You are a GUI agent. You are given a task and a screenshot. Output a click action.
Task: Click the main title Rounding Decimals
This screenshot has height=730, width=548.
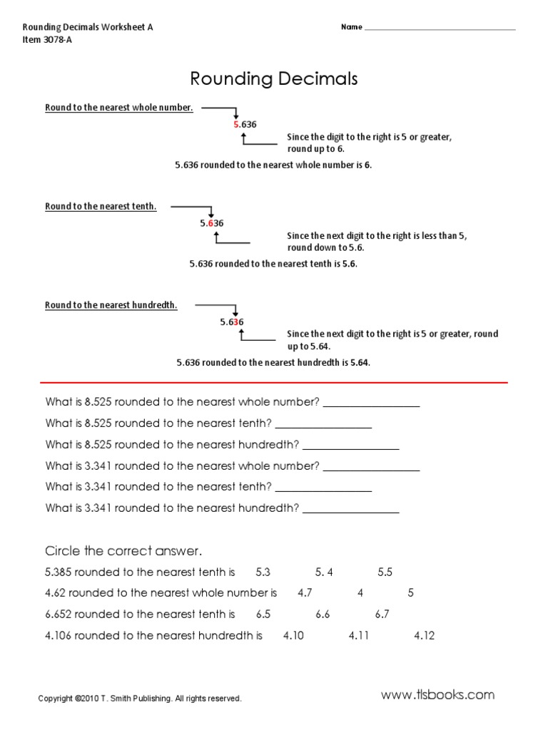pyautogui.click(x=273, y=78)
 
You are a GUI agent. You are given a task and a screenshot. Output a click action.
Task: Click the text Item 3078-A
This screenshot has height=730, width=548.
pyautogui.click(x=48, y=40)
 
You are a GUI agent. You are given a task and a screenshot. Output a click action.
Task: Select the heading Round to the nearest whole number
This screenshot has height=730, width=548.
pyautogui.click(x=119, y=108)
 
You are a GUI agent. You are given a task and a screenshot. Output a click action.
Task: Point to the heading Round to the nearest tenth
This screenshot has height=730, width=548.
pyautogui.click(x=101, y=207)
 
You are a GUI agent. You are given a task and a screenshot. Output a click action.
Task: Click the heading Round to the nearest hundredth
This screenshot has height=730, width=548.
pyautogui.click(x=111, y=305)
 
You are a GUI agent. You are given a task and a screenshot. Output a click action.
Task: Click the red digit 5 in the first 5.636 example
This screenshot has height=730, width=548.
pyautogui.click(x=236, y=124)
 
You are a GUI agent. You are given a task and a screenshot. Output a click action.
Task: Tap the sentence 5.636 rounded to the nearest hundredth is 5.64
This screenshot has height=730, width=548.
pyautogui.click(x=273, y=362)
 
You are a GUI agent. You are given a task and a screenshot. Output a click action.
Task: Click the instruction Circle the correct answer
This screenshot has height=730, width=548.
pyautogui.click(x=124, y=551)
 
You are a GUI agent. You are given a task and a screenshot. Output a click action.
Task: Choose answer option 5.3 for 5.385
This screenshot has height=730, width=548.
pyautogui.click(x=263, y=572)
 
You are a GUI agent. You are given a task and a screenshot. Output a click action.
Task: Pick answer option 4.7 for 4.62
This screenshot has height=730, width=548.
pyautogui.click(x=305, y=593)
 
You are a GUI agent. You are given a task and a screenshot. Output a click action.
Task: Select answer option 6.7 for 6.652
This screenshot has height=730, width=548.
pyautogui.click(x=382, y=614)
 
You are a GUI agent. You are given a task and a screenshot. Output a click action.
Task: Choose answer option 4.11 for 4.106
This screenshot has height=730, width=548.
pyautogui.click(x=359, y=635)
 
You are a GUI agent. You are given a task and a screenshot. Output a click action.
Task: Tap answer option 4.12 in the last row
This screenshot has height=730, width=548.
pyautogui.click(x=424, y=635)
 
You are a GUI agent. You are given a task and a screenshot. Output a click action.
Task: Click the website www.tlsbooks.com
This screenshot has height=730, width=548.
pyautogui.click(x=437, y=695)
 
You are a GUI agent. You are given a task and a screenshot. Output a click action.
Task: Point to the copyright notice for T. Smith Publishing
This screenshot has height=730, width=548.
pyautogui.click(x=140, y=699)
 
